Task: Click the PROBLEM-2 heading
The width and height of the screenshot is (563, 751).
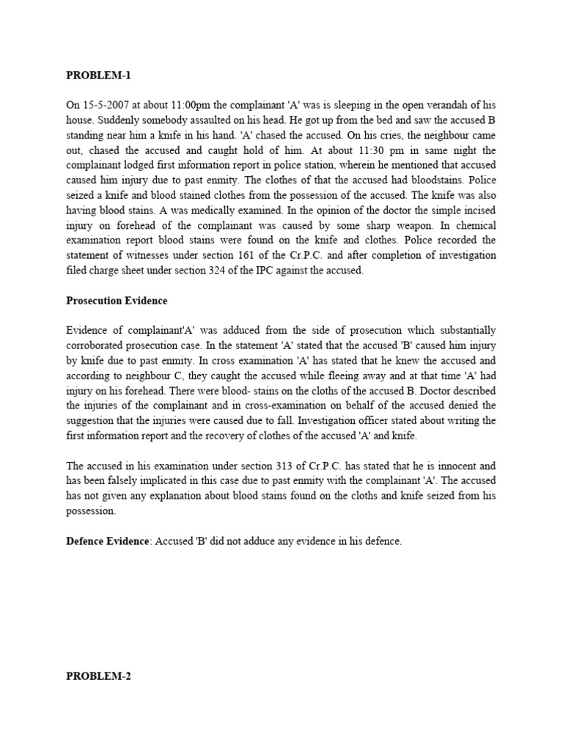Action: [x=98, y=677]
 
